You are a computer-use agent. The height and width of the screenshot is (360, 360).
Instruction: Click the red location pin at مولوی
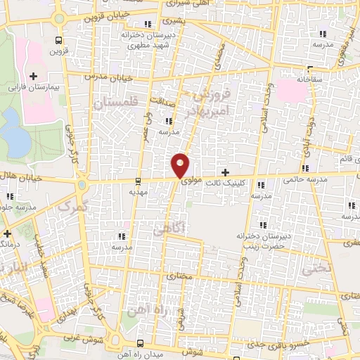click(x=181, y=165)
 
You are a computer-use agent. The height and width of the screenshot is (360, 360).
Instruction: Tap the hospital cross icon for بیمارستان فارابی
click(x=33, y=75)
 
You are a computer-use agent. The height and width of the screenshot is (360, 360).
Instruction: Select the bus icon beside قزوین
click(x=59, y=40)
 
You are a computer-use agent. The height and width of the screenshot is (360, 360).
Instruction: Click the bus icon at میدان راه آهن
click(x=141, y=343)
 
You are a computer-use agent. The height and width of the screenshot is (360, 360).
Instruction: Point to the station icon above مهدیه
click(x=138, y=180)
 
